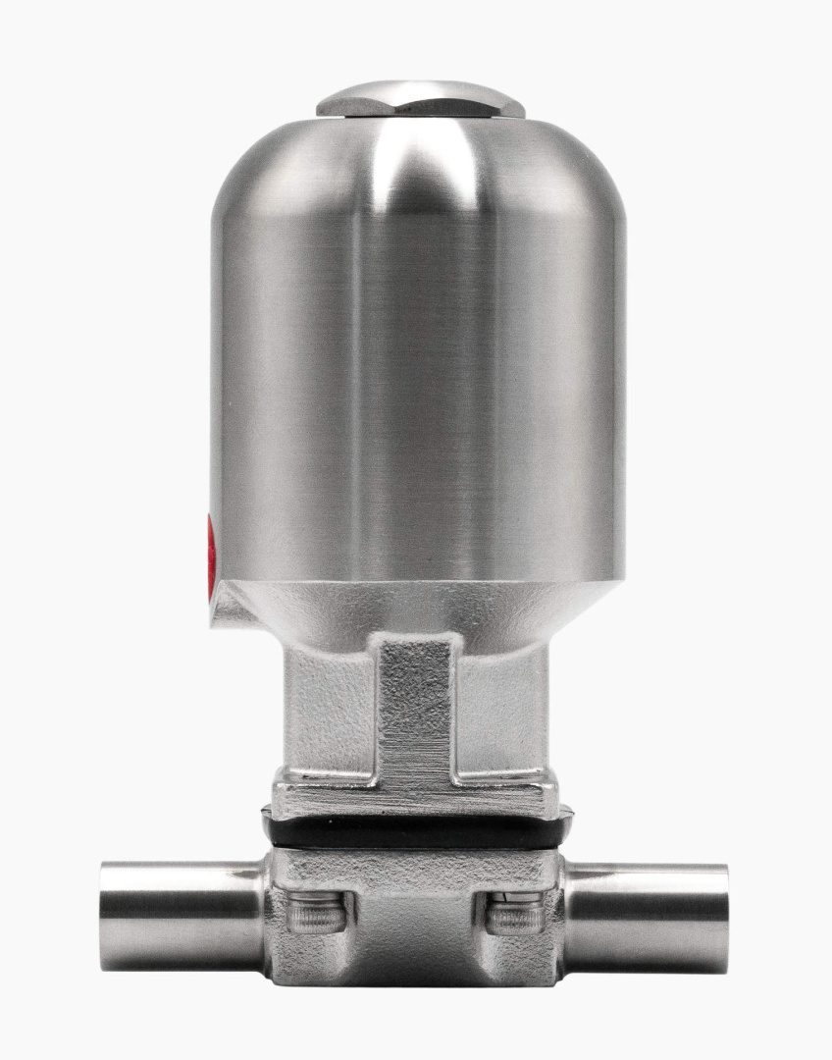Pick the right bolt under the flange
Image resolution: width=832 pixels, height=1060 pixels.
pyautogui.click(x=516, y=915)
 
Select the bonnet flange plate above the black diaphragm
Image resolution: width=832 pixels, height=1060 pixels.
pyautogui.click(x=416, y=798)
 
